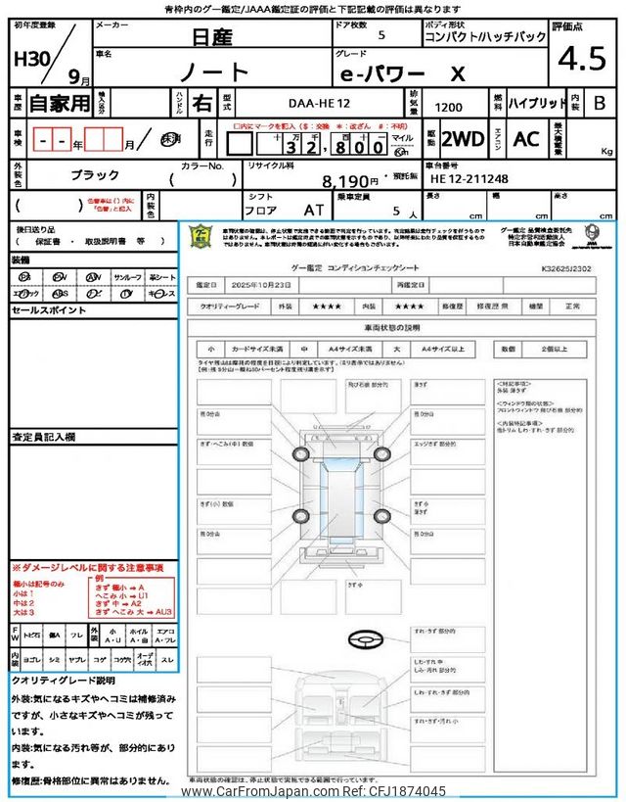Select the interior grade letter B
click(600, 102)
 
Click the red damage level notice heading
click(87, 568)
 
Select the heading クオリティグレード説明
click(64, 680)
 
